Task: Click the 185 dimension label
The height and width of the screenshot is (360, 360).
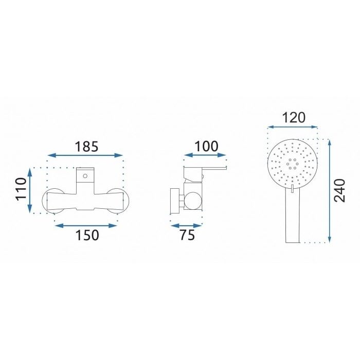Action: point(87,147)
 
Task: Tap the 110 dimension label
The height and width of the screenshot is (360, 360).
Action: point(22,189)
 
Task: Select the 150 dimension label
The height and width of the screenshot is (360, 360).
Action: point(87,235)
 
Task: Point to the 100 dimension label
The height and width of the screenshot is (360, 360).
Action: point(206,146)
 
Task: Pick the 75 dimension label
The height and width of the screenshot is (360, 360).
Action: point(187,235)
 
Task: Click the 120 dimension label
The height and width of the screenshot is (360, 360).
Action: point(294,118)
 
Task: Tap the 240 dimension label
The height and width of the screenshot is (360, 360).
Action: point(340,191)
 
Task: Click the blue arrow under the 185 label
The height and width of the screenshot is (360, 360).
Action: point(85,155)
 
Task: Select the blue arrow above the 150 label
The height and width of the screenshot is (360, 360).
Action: point(86,226)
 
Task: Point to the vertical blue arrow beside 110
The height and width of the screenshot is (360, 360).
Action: point(30,191)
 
